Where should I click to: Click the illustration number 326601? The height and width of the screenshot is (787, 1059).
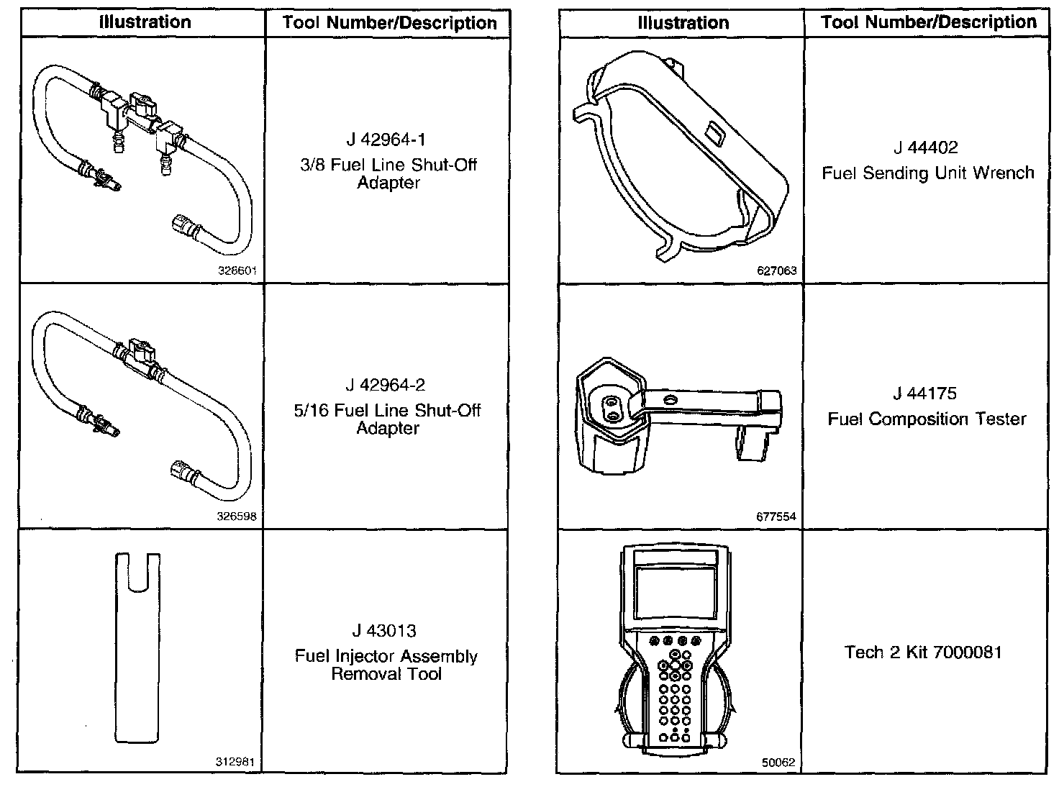point(237,271)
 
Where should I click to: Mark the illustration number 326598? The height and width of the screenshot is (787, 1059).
point(237,517)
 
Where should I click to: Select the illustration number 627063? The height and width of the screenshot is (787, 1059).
point(777,271)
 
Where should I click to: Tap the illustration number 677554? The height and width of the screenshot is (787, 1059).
point(776,517)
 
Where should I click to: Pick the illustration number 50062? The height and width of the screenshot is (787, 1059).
point(778,763)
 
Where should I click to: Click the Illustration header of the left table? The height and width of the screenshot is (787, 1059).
point(145,22)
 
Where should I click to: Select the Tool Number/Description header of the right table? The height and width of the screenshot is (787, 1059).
point(929,22)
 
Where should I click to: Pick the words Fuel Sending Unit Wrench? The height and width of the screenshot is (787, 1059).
point(927,173)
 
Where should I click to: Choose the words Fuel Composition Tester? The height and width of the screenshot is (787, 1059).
point(927,419)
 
